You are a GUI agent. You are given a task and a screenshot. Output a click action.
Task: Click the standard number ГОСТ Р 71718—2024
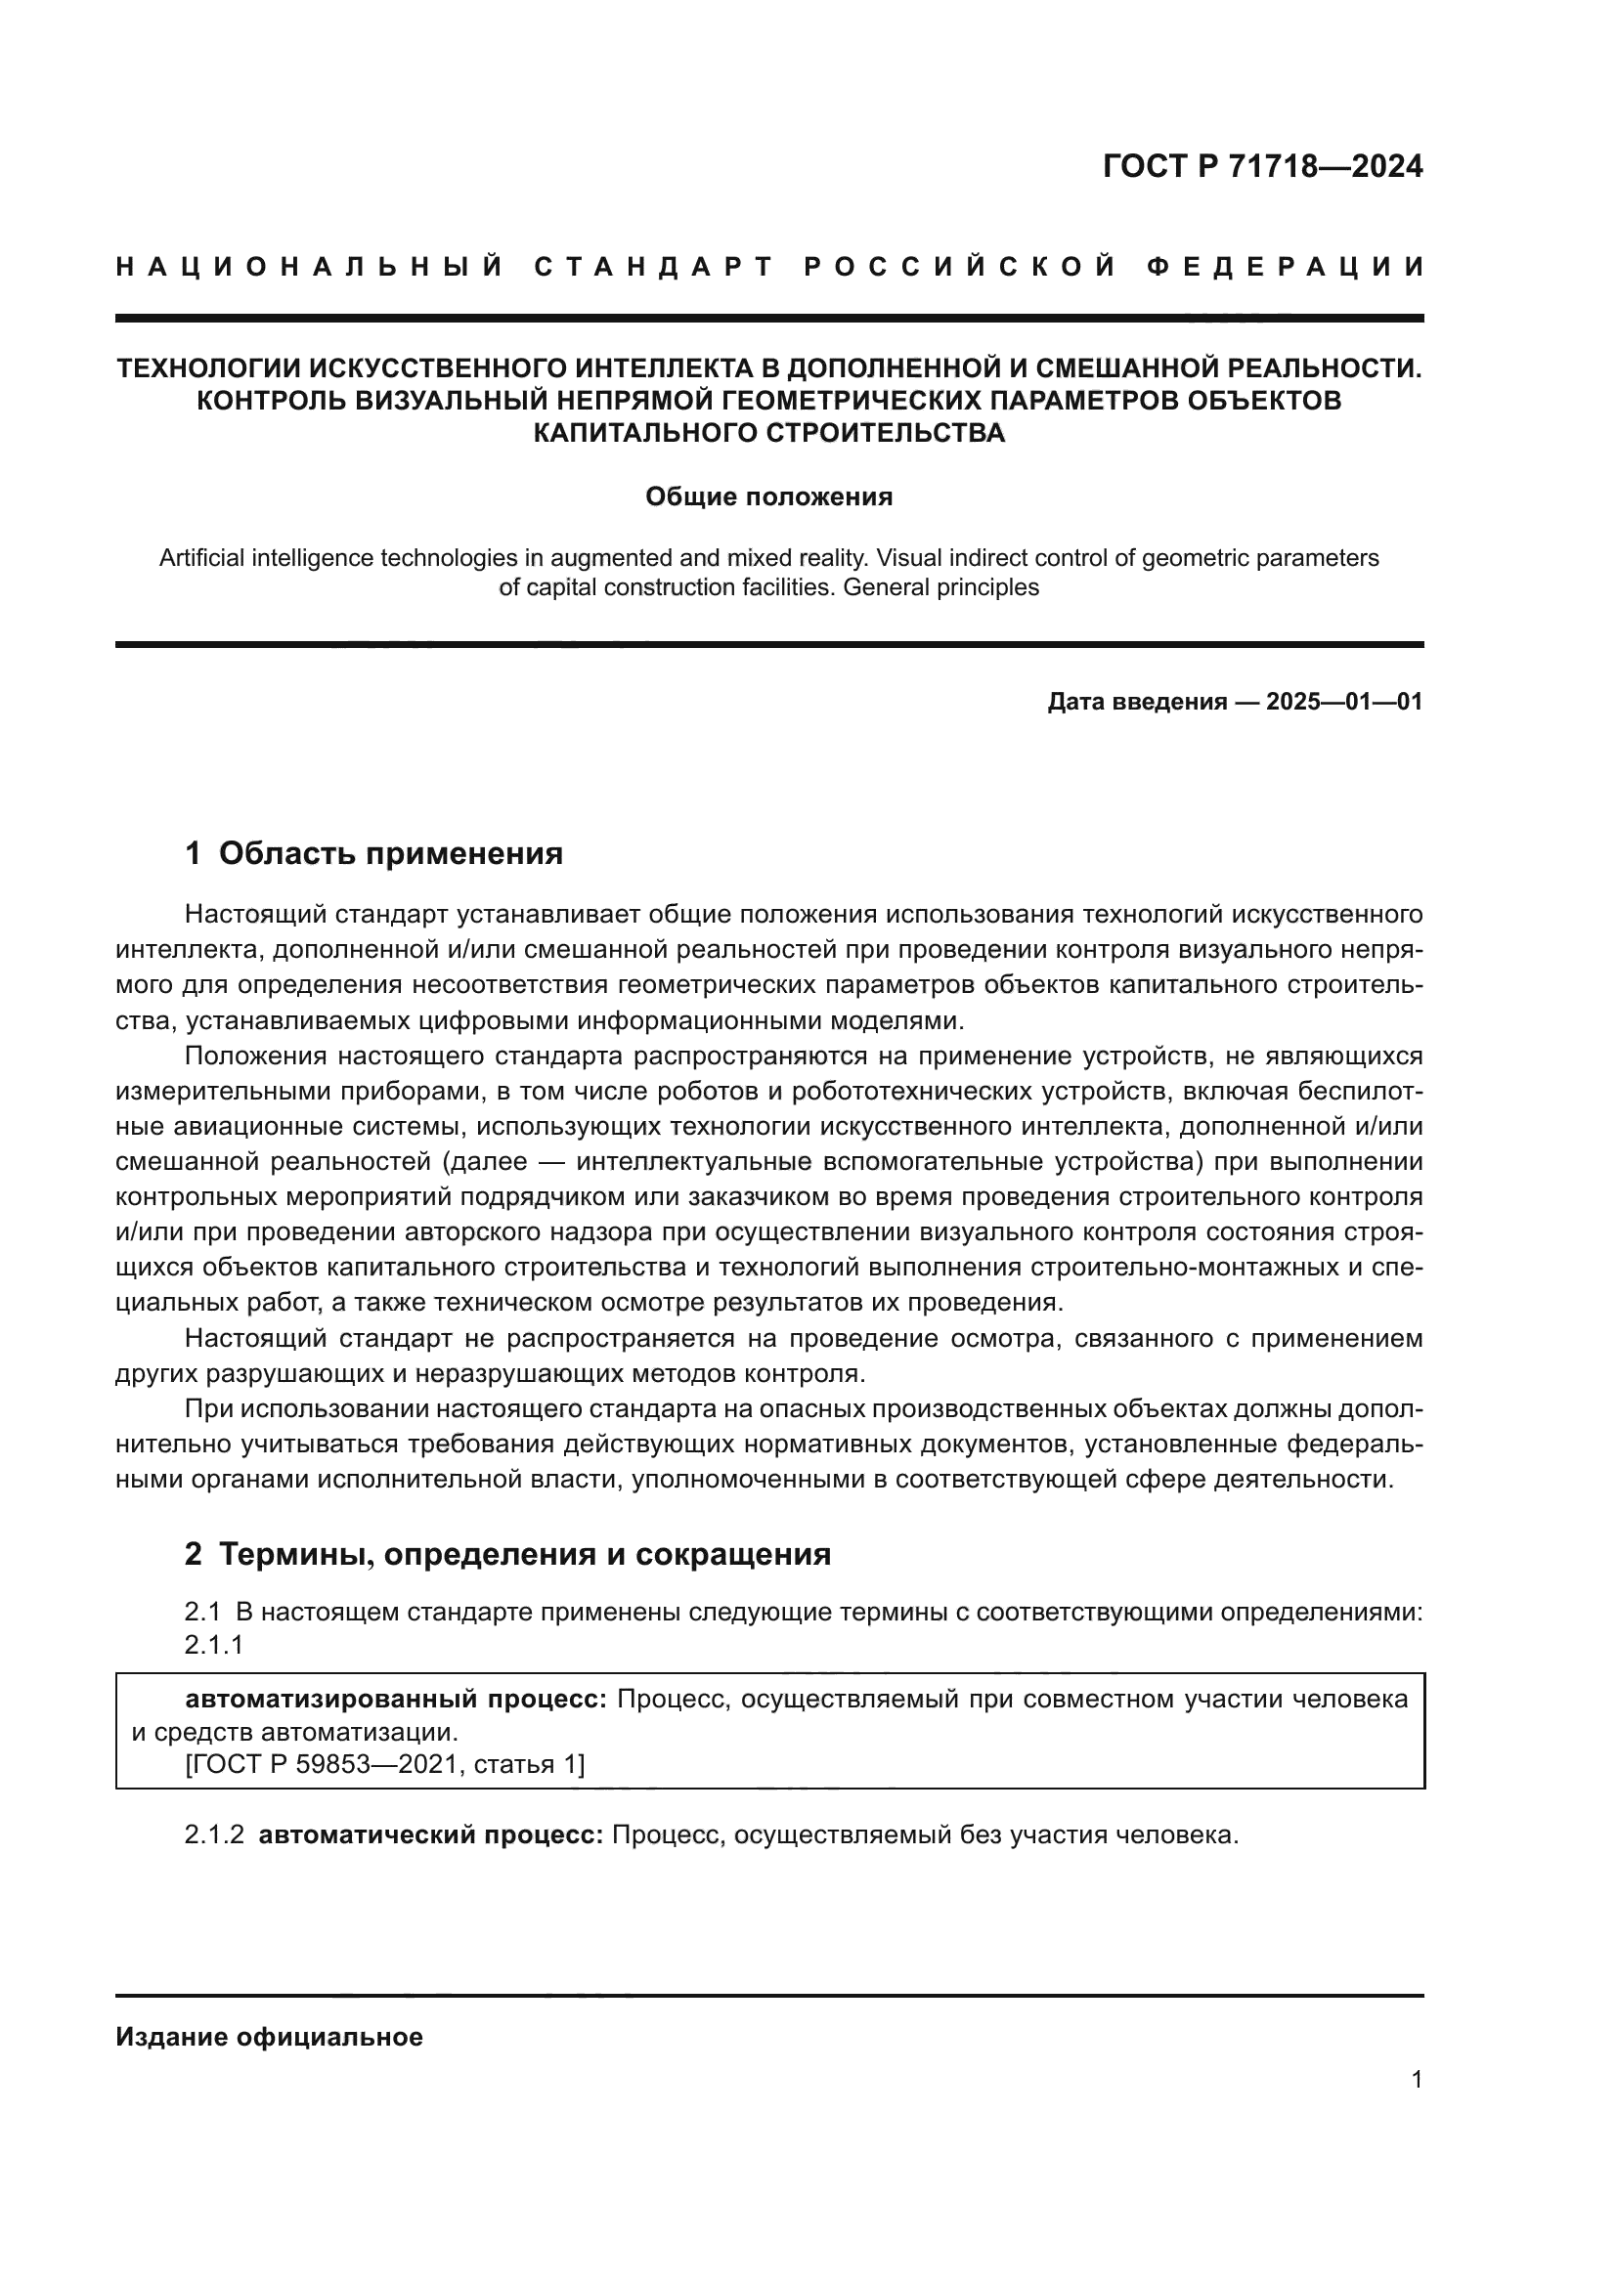coord(1262,166)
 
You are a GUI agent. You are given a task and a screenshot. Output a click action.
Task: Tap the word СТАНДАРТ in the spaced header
coord(654,267)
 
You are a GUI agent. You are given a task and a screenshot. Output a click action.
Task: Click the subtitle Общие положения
coord(768,496)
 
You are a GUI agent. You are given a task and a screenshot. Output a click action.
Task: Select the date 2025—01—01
coord(1344,702)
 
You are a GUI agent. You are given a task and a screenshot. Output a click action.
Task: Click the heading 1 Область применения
coord(373,853)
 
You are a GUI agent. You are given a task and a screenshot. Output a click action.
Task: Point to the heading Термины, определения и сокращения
coord(524,1554)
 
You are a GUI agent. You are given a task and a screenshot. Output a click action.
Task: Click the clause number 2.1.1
coord(214,1645)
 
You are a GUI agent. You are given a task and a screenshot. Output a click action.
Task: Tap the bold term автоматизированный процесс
coord(395,1700)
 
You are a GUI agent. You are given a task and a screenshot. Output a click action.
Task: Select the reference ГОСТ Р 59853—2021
coord(321,1765)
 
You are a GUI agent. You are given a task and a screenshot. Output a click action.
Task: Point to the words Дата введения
coord(1136,702)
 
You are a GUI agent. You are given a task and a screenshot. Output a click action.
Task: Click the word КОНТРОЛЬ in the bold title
coord(262,401)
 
